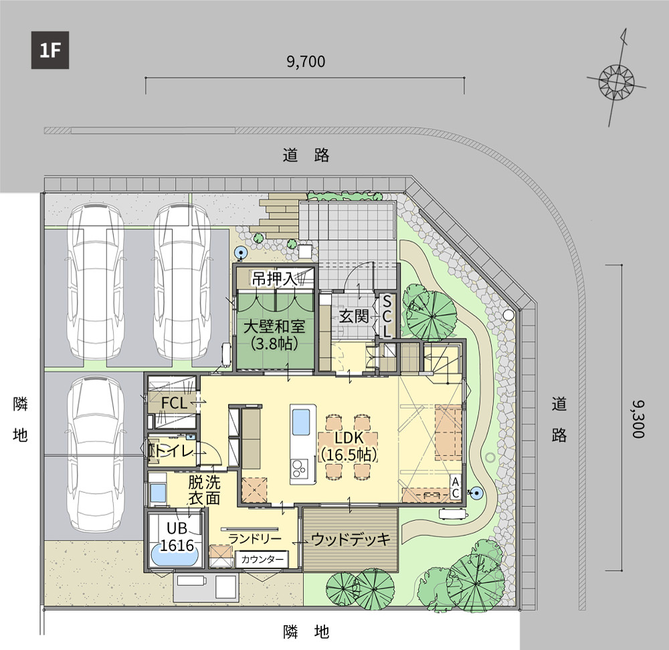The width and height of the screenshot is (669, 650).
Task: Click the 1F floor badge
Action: [x=50, y=50]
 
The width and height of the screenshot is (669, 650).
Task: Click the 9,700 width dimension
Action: [x=306, y=62]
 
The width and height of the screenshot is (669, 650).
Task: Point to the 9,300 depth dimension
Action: [x=638, y=419]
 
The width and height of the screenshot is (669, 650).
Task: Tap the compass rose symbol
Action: [x=617, y=81]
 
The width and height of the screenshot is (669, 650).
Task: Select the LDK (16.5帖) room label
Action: [x=349, y=446]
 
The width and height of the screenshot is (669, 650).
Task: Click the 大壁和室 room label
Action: [x=274, y=327]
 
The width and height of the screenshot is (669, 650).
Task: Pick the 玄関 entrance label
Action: [x=354, y=316]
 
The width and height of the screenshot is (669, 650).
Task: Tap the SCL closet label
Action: [x=387, y=317]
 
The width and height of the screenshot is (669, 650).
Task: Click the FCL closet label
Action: [x=174, y=403]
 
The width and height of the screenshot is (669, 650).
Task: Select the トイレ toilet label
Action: [x=173, y=451]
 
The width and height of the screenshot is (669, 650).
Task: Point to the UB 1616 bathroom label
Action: [x=177, y=536]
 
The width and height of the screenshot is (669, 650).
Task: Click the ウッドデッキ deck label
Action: [x=351, y=540]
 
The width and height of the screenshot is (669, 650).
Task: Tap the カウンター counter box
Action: [x=262, y=559]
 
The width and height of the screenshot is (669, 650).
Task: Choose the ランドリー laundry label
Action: [x=255, y=539]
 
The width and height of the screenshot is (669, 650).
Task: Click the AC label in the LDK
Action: [x=455, y=487]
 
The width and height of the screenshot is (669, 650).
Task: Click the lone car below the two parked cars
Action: [x=96, y=454]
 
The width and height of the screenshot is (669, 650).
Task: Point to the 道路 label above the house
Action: [x=306, y=155]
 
